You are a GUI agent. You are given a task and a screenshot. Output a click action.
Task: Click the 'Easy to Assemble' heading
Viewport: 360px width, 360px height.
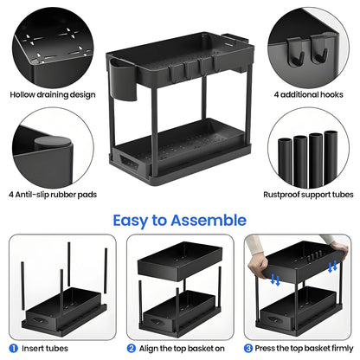click(179, 220)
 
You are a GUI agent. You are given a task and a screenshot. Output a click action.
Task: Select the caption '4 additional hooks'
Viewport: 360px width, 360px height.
click(308, 93)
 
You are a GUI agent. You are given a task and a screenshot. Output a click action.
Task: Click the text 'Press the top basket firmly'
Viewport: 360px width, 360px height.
click(300, 348)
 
